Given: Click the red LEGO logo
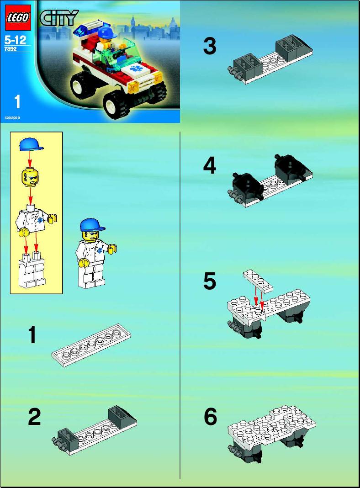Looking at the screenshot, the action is point(18,17).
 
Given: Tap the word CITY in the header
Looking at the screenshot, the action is point(59,18).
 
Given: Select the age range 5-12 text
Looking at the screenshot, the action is point(15,40).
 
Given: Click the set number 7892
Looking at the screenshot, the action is point(11,49).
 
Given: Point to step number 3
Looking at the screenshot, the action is point(209,46).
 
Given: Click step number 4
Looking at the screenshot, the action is point(209,165).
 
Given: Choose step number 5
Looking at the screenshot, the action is point(209,281).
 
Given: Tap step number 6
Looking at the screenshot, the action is point(210,417).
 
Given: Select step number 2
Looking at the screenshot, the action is point(34,417).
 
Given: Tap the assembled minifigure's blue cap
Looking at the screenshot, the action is point(92,225).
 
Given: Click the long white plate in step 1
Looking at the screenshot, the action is point(91,345).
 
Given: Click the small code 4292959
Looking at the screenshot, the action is point(12,118).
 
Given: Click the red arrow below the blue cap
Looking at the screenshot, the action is point(30,159).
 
